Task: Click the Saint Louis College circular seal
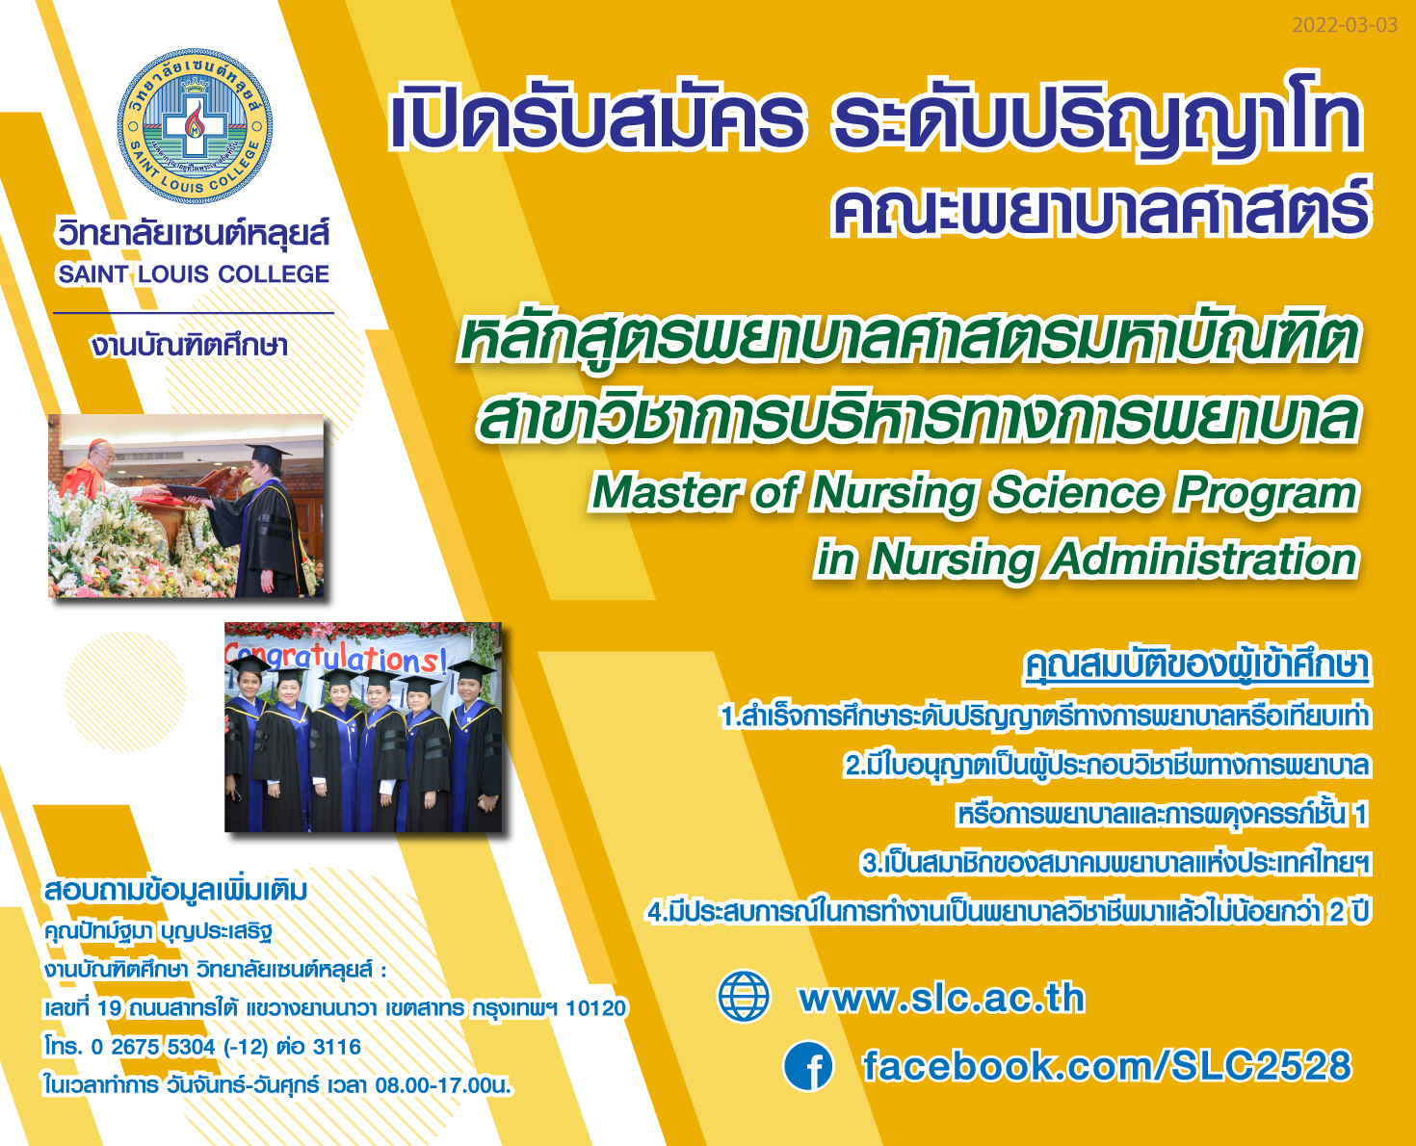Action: [195, 126]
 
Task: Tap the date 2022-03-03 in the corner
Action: [1344, 25]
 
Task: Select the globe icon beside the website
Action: [744, 996]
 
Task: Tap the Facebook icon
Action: [808, 1065]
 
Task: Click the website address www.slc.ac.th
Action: [942, 997]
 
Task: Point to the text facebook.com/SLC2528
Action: [1107, 1065]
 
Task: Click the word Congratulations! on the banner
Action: [336, 656]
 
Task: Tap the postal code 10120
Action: [595, 1007]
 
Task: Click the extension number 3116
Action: [336, 1047]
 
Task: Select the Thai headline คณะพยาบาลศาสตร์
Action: [1102, 209]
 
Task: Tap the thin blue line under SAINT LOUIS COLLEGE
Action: [194, 312]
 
